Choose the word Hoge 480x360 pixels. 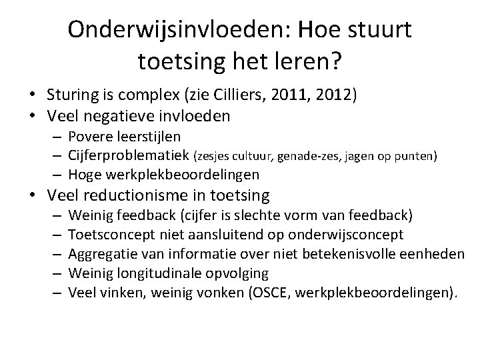click(x=83, y=175)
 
